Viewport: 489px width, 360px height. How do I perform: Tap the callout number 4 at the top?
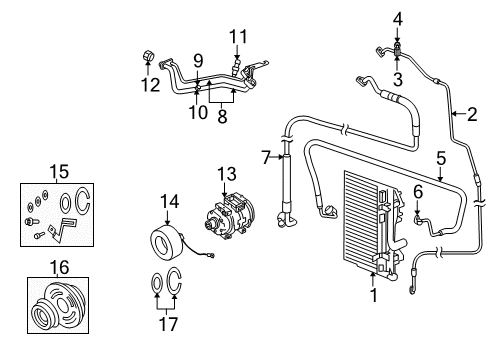click(397, 18)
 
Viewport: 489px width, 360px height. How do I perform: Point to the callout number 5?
click(440, 157)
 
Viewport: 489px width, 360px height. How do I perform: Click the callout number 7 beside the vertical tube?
click(265, 156)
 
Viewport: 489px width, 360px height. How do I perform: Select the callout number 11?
click(238, 39)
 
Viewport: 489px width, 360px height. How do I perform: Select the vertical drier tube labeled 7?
click(286, 190)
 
